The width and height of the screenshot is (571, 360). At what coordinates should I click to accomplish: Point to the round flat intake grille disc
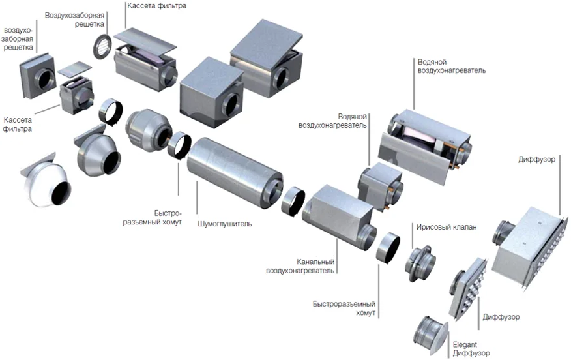[x=102, y=45]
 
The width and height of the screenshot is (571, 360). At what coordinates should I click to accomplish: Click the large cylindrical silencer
[x=235, y=172]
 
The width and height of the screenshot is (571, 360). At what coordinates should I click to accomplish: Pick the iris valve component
[x=420, y=264]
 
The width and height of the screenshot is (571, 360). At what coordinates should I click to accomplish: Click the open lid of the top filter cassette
[x=146, y=40]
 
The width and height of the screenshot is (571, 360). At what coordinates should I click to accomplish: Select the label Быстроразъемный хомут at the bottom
[x=344, y=308]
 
